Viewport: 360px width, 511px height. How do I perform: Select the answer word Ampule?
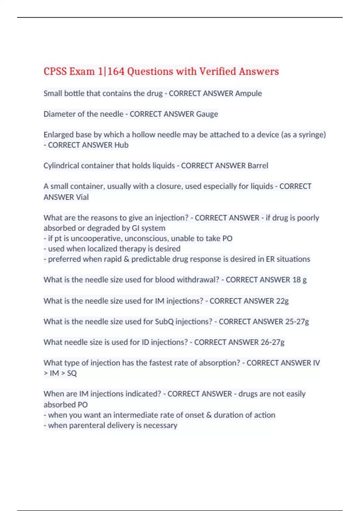(248, 93)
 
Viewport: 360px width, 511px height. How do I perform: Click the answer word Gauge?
(207, 114)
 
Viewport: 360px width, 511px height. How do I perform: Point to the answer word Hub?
(121, 145)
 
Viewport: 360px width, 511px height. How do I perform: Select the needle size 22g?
(282, 301)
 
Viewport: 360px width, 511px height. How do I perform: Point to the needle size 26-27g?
(272, 342)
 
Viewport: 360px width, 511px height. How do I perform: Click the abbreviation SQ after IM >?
(72, 373)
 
